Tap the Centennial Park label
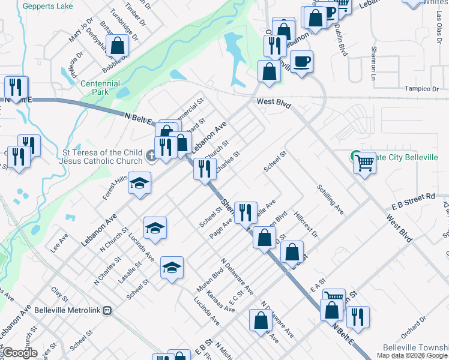[100, 88]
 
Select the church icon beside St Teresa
[152, 156]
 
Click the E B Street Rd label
[412, 197]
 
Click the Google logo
[19, 353]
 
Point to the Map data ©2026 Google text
[411, 355]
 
